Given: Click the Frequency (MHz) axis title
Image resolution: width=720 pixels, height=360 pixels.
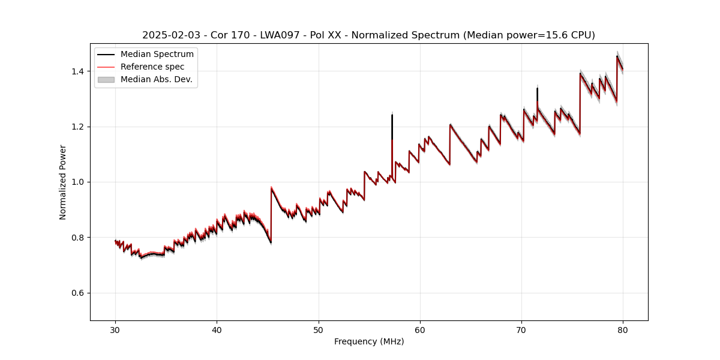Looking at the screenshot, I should tap(369, 341).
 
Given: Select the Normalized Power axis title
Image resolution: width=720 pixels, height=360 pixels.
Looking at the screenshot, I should tap(63, 182).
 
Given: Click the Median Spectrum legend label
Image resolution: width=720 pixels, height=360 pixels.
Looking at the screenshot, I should tap(157, 55).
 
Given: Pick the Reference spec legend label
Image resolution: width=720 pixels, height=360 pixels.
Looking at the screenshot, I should tap(152, 67).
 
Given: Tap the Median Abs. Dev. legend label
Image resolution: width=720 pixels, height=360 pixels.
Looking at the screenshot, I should tap(157, 79).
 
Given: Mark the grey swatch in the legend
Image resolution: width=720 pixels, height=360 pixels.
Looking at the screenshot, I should tap(106, 79).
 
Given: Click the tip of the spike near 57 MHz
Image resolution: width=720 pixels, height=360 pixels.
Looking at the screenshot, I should tap(392, 115).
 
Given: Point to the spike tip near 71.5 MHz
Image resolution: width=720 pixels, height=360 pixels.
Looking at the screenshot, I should tap(537, 88).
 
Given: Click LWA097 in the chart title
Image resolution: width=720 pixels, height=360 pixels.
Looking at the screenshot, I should tap(280, 35).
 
